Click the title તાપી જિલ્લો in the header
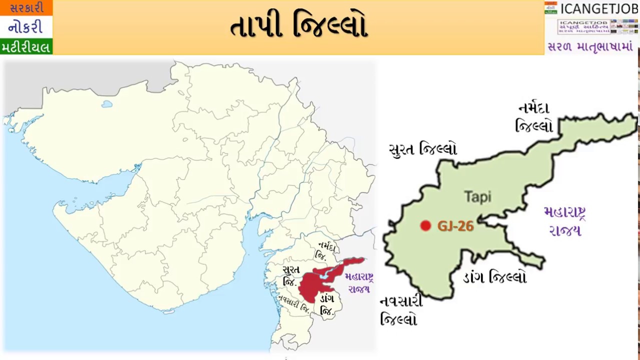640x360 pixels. click(x=299, y=26)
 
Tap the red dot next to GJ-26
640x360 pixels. click(x=425, y=226)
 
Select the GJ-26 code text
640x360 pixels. click(x=455, y=226)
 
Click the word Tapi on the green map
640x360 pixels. click(x=477, y=196)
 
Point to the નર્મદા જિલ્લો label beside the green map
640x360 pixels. click(x=534, y=117)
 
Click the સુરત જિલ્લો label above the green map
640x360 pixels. click(x=422, y=149)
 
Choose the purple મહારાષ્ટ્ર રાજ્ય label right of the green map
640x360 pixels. click(x=565, y=220)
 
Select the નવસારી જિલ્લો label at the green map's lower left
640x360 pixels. click(x=401, y=310)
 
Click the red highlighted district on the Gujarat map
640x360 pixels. click(x=320, y=280)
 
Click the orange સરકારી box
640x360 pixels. click(x=26, y=8)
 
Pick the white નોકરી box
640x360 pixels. click(x=26, y=27)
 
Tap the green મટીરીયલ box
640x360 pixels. click(x=26, y=47)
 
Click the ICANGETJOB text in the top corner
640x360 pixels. click(x=598, y=8)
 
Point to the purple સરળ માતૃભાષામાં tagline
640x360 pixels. click(x=590, y=47)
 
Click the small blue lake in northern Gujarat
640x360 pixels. click(x=106, y=104)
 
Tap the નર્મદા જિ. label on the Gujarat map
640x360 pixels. click(x=325, y=251)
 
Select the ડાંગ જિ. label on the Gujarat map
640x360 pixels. click(x=327, y=304)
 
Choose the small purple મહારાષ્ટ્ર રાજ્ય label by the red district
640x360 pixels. click(x=358, y=282)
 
